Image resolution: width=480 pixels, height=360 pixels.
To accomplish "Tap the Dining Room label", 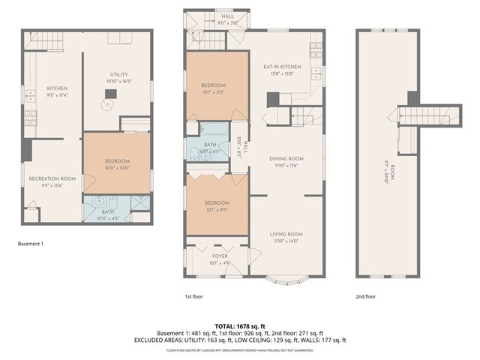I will coord(286,158).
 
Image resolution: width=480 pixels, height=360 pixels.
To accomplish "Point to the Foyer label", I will coord(219,256).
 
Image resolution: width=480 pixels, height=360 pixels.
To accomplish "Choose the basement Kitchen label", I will coord(58,88).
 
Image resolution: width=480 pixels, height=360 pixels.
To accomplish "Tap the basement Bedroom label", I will coord(117,161).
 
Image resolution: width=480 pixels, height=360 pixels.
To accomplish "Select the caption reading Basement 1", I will coord(31,244).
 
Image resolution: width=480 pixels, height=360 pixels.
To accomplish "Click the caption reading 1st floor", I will coord(194,297).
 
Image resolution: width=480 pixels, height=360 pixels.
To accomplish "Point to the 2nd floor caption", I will coord(365,297).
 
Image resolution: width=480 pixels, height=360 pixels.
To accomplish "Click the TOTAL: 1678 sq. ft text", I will coord(240,326).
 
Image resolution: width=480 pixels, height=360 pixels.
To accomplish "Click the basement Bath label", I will coord(109,211).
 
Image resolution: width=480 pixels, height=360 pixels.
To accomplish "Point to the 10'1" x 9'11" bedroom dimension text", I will coord(217,210).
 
